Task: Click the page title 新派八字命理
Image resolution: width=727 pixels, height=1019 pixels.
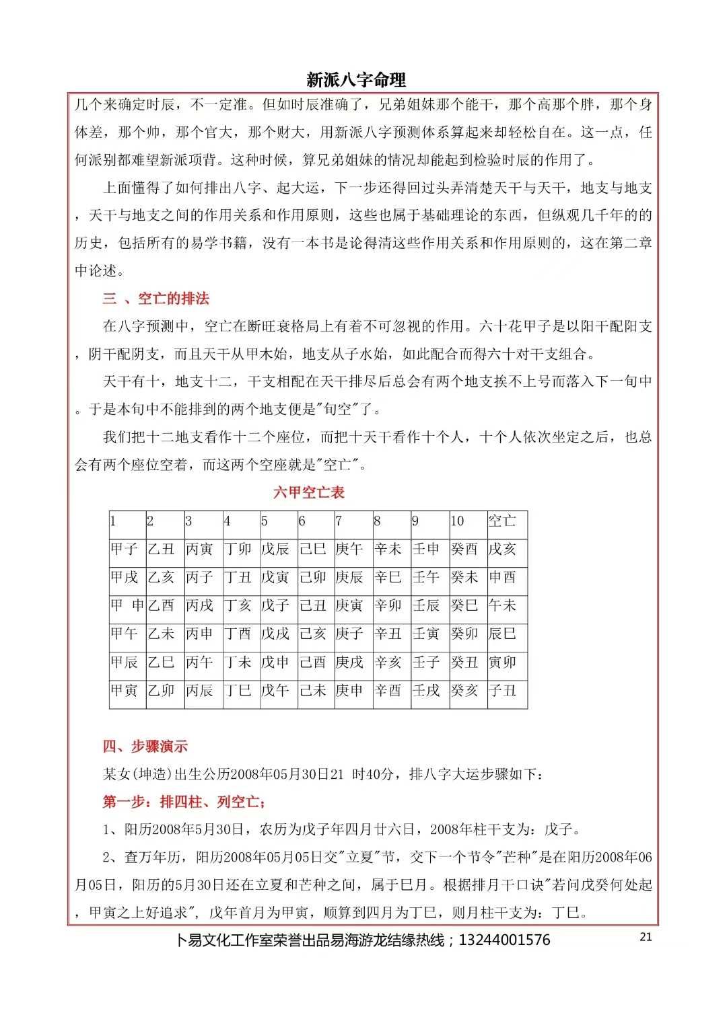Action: click(x=356, y=80)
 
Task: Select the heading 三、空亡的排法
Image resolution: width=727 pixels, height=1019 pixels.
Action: click(x=155, y=299)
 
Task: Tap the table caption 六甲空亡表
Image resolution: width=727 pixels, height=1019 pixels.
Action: click(x=308, y=492)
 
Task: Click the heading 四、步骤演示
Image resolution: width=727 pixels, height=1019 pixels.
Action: click(x=145, y=746)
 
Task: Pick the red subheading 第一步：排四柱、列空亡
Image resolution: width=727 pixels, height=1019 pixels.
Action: click(x=184, y=802)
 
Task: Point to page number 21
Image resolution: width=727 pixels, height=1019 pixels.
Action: click(x=646, y=937)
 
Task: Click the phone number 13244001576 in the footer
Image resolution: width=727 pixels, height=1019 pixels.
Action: click(x=504, y=940)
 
